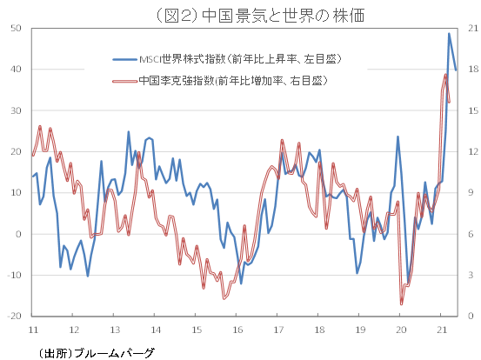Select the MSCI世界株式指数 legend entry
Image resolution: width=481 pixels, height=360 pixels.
pyautogui.click(x=239, y=59)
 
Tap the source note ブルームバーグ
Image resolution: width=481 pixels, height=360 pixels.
pyautogui.click(x=97, y=352)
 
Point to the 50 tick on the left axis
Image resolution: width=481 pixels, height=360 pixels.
pyautogui.click(x=16, y=29)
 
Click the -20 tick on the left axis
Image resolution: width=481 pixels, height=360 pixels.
pyautogui.click(x=14, y=317)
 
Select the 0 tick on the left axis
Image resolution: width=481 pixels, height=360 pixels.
pyautogui.click(x=18, y=234)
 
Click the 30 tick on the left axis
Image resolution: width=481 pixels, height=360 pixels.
pyautogui.click(x=16, y=110)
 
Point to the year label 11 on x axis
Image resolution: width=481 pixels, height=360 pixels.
pyautogui.click(x=33, y=330)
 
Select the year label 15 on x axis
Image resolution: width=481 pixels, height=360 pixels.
pyautogui.click(x=197, y=330)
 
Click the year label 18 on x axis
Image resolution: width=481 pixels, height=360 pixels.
pyautogui.click(x=319, y=330)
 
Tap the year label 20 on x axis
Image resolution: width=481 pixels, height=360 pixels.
pyautogui.click(x=401, y=330)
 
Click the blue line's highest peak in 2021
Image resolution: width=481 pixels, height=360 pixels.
pyautogui.click(x=449, y=34)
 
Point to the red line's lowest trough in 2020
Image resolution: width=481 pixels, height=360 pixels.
pyautogui.click(x=402, y=303)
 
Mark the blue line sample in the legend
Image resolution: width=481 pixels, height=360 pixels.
pyautogui.click(x=125, y=59)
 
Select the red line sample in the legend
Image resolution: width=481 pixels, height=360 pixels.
pyautogui.click(x=125, y=80)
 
